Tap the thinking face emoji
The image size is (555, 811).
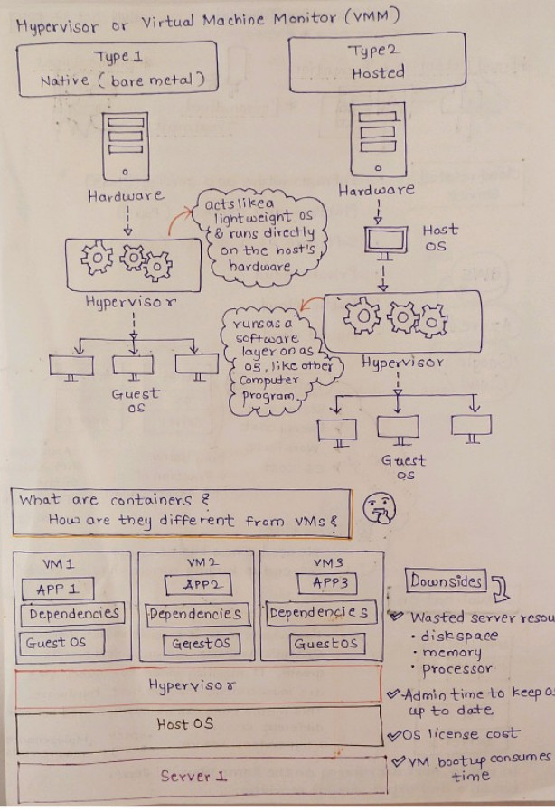378,511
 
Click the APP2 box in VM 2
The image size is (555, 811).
197,584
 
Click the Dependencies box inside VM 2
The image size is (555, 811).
194,614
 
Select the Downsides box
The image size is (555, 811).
446,581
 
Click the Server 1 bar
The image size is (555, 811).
194,776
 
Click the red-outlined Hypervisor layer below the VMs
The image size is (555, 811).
194,684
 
